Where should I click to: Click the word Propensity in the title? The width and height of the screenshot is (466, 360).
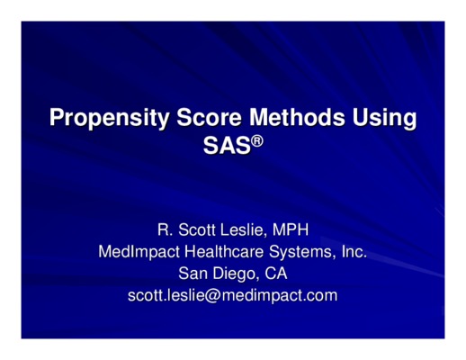point(109,118)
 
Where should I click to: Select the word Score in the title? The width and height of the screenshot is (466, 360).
point(209,117)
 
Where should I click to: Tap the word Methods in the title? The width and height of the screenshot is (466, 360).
point(297,117)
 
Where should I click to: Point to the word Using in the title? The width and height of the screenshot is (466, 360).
point(384,118)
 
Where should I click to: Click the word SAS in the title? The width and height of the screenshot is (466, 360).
point(227,146)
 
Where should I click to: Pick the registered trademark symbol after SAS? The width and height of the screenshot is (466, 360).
point(257,140)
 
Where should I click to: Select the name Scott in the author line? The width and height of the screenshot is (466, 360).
point(197,230)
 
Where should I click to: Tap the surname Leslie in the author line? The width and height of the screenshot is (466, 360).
point(243,230)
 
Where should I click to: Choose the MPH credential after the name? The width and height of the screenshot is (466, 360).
point(291,230)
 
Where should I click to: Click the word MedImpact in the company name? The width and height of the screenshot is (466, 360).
point(139,252)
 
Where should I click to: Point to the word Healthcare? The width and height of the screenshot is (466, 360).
point(224,251)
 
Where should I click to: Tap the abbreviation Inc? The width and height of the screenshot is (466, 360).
point(354,251)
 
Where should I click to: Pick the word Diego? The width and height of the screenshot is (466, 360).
point(235,274)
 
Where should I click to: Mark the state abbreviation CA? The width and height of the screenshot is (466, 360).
point(276,274)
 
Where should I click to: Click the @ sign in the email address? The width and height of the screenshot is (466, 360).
point(212,295)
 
